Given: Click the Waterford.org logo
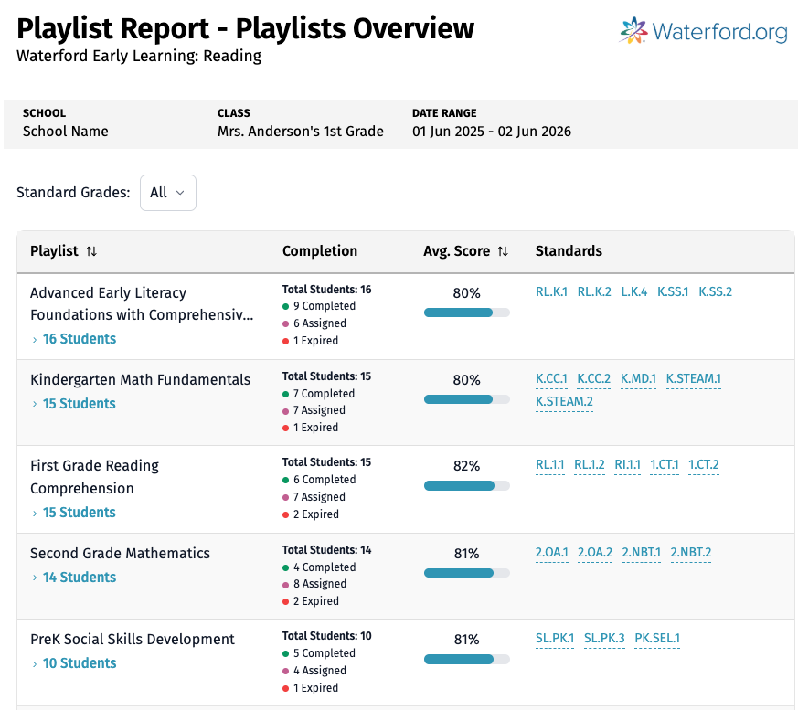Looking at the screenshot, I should [703, 32].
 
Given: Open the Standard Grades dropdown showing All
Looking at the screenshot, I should [167, 193].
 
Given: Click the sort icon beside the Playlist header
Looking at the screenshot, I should [91, 251].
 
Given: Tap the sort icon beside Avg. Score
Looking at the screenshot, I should [503, 251].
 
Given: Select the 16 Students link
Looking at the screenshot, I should [80, 339].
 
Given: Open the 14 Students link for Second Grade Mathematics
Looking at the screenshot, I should [80, 578].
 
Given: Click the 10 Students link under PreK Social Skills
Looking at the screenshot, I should [80, 663].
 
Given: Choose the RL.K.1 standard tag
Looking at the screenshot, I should [551, 292].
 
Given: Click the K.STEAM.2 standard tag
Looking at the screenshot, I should [564, 401].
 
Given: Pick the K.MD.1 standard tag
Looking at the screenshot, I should [638, 378].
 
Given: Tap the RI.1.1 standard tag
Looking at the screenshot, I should [628, 464].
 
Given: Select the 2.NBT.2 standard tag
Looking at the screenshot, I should [690, 552].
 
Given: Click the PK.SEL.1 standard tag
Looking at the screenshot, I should [657, 638].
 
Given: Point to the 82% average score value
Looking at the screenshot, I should [466, 466].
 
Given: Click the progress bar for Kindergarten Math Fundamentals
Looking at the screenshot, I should [466, 399].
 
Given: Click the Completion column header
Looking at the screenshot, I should [320, 251].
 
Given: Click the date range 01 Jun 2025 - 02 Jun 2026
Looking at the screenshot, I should [492, 132].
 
